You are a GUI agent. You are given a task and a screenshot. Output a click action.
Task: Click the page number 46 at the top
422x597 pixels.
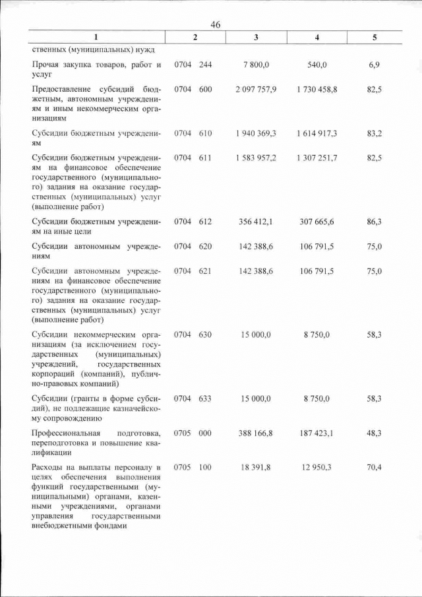[x=214, y=24]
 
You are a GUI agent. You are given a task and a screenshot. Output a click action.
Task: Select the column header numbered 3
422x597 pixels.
[x=256, y=38]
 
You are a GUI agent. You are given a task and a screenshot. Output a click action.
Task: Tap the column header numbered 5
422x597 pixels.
[x=375, y=38]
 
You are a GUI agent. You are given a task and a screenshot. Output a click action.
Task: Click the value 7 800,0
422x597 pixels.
[x=256, y=65]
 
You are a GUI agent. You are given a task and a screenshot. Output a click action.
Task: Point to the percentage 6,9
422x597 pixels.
[x=375, y=65]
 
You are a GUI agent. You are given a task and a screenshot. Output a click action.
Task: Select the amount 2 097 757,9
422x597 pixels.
[x=256, y=88]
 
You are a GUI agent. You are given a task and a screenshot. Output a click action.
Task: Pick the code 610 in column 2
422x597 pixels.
[x=205, y=133]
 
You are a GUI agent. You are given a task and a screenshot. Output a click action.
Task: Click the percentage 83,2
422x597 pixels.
[x=375, y=133]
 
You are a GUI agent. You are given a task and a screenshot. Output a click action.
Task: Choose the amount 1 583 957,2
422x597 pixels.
[x=256, y=159]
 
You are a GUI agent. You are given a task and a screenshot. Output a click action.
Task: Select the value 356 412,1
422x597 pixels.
[x=256, y=222]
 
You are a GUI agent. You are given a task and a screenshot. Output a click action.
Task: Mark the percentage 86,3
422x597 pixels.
[x=375, y=222]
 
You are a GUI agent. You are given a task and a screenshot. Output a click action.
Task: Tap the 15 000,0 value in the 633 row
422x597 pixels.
[x=256, y=398]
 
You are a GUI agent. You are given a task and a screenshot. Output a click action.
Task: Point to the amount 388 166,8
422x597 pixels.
[x=256, y=433]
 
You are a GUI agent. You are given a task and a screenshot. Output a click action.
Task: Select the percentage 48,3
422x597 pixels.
[x=375, y=433]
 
